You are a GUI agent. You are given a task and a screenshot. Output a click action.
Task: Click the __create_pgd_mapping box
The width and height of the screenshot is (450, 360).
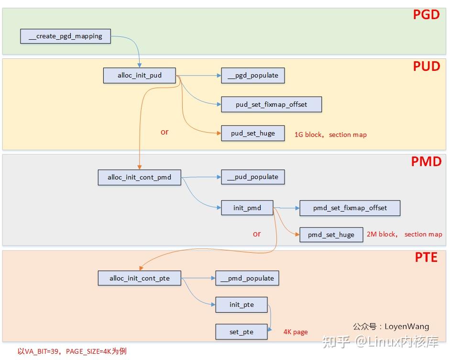tap(66, 36)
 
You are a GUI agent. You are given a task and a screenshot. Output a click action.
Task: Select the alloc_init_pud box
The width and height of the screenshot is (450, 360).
tap(140, 76)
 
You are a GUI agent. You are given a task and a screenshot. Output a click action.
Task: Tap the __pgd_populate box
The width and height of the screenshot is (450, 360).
tap(253, 76)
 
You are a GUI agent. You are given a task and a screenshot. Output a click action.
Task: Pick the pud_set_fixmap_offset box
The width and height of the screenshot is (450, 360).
tap(271, 104)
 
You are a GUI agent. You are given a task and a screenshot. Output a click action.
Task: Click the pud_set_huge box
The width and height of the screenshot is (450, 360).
tap(253, 133)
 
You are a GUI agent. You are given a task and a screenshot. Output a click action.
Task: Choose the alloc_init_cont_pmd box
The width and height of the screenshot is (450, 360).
tap(139, 177)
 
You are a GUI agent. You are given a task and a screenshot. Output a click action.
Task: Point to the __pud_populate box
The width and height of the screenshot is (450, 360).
tap(253, 177)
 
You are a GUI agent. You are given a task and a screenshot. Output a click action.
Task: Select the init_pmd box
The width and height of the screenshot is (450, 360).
tap(247, 208)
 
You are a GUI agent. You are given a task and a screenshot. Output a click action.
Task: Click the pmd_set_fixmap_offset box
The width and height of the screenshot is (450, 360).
tap(350, 208)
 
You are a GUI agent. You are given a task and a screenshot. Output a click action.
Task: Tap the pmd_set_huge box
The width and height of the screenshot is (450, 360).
tap(331, 235)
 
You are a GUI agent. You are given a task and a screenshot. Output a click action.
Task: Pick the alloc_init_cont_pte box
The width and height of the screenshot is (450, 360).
tap(140, 279)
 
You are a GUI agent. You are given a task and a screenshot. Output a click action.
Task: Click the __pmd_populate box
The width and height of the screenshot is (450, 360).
tap(247, 279)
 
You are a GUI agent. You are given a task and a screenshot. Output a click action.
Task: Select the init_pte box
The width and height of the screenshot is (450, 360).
tap(241, 304)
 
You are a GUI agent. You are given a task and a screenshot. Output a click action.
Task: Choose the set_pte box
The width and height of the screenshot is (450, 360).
tap(241, 332)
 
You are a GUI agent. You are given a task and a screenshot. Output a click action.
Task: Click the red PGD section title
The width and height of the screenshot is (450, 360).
tap(426, 15)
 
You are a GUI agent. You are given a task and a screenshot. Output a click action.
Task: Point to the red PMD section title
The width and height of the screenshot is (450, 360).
tap(426, 162)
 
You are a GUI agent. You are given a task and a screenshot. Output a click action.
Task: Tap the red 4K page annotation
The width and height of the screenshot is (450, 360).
tap(296, 332)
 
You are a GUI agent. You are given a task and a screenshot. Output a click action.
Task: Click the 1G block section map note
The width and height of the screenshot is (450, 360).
tap(330, 135)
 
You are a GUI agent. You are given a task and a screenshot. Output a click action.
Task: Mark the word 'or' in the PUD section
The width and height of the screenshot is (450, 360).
tap(165, 132)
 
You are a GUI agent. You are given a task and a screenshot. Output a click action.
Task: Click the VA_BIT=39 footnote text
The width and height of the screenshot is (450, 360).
tap(72, 351)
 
